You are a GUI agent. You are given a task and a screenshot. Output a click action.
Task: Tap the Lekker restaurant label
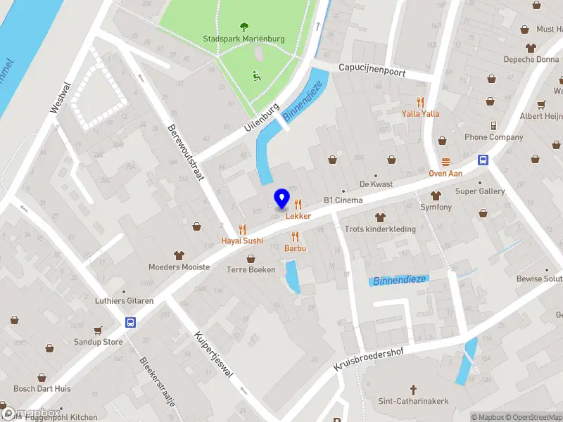tap(298, 216)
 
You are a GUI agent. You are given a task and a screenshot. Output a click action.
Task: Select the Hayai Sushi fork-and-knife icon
tap(243, 229)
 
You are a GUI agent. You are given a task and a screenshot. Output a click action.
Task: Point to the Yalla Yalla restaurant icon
tap(421, 102)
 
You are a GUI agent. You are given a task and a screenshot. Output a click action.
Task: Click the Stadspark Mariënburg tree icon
tap(244, 27)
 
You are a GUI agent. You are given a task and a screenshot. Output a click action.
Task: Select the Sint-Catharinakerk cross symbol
tap(414, 389)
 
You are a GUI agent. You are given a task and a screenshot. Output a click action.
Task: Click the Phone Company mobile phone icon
tap(493, 126)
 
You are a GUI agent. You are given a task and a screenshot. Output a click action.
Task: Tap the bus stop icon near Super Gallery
tap(483, 160)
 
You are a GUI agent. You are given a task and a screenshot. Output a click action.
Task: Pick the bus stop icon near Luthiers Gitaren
tap(130, 322)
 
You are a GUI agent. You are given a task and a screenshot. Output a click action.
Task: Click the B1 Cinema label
tap(343, 200)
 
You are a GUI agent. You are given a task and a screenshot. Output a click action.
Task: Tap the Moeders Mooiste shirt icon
tap(179, 255)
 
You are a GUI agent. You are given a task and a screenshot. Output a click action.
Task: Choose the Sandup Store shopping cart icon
tap(99, 331)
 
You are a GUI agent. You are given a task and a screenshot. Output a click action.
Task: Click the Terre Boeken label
tap(251, 269)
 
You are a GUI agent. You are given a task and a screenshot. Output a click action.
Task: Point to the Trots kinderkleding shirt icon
tap(380, 217)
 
